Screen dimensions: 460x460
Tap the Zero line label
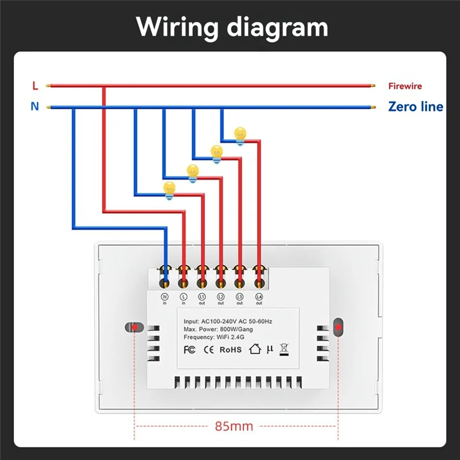point(415,106)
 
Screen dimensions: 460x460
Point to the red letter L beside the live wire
point(35,86)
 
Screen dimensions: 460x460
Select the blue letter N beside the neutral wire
point(35,106)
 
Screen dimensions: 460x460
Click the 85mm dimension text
point(234,426)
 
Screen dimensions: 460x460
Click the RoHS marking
point(230,349)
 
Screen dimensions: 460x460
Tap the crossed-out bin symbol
point(283,348)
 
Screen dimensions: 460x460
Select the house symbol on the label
point(255,348)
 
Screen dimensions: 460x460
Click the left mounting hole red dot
point(134,328)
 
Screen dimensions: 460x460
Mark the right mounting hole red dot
point(339,328)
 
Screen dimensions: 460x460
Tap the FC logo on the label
point(190,349)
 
